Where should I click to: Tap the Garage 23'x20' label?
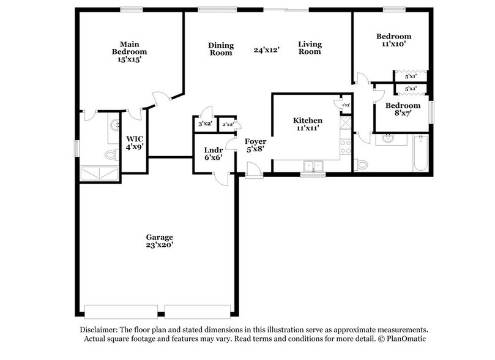point(159,241)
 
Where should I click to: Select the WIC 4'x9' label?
point(134,143)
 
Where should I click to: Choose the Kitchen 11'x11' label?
point(307,125)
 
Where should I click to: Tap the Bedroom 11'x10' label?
point(393,40)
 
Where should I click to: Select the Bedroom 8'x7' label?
point(402,109)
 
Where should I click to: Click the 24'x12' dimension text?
point(267,50)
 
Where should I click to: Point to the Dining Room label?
point(220,49)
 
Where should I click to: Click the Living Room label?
point(310,48)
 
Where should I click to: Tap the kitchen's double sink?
point(314,165)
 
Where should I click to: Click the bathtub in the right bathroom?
point(420,153)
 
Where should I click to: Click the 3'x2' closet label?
point(204,124)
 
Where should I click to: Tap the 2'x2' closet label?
point(228,124)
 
